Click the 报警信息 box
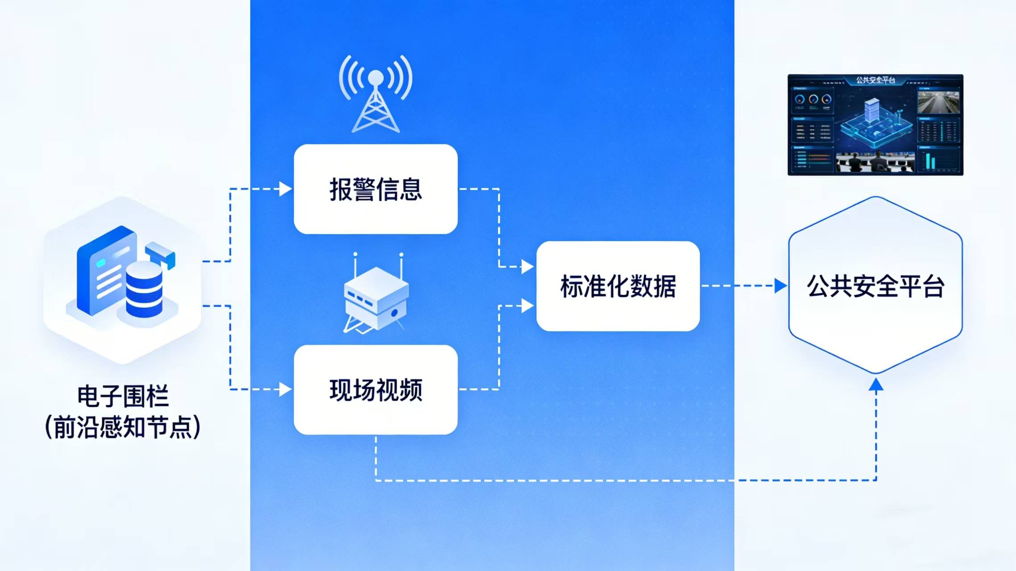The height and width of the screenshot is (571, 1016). pyautogui.click(x=375, y=189)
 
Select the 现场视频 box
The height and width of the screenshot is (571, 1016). pyautogui.click(x=375, y=389)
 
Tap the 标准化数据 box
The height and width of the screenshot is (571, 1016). pyautogui.click(x=618, y=286)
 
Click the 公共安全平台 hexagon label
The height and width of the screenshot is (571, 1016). pyautogui.click(x=875, y=286)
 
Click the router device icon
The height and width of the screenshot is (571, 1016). pyautogui.click(x=375, y=294)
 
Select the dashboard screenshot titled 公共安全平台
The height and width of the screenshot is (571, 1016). pyautogui.click(x=875, y=125)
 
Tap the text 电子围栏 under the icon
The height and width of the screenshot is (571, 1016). pyautogui.click(x=123, y=396)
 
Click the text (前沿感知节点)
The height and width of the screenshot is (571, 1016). pyautogui.click(x=123, y=427)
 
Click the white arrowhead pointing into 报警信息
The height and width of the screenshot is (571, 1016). pyautogui.click(x=285, y=189)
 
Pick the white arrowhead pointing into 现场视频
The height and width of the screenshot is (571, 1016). pyautogui.click(x=285, y=389)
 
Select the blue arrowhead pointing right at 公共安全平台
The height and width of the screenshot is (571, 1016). pyautogui.click(x=780, y=286)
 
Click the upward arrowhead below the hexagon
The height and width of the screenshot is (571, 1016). pyautogui.click(x=876, y=385)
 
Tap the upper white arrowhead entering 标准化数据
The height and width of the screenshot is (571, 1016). pyautogui.click(x=527, y=267)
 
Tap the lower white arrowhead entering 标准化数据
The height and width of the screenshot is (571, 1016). pyautogui.click(x=527, y=306)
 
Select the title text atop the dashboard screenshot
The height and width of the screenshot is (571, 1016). pyautogui.click(x=875, y=80)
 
